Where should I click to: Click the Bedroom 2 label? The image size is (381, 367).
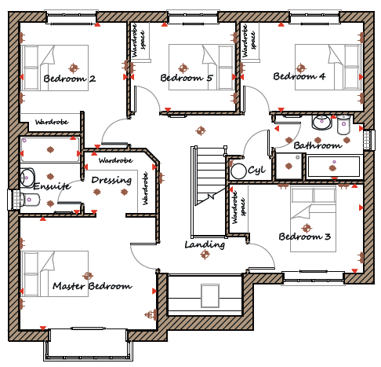pos(70,79)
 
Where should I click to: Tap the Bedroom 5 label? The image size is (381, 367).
pos(187,78)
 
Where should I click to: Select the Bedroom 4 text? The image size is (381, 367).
pos(299,76)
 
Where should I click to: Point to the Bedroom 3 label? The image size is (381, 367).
pos(305,237)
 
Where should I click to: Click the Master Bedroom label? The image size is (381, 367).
pos(93,286)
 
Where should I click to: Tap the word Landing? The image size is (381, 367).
pos(205,244)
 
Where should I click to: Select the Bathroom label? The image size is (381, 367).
pos(317,145)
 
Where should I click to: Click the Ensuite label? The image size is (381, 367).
pos(53,186)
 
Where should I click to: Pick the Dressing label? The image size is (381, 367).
pos(111,180)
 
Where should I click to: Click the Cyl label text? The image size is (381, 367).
pos(256,171)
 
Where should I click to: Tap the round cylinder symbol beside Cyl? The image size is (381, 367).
pos(238,171)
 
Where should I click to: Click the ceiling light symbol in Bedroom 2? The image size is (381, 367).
pos(74,68)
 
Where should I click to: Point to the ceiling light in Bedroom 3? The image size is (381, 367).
pos(307,228)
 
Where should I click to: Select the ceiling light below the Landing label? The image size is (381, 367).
pos(205,254)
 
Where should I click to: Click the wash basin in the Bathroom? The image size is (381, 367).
pos(322,122)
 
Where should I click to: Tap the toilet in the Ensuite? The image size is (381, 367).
pos(30,200)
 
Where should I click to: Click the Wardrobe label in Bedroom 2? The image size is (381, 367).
pos(52,122)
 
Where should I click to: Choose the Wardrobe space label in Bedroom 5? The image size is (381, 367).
pos(139,40)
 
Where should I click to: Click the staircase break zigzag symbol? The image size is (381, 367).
pos(211,196)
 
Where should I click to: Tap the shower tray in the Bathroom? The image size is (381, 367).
pos(289,166)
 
